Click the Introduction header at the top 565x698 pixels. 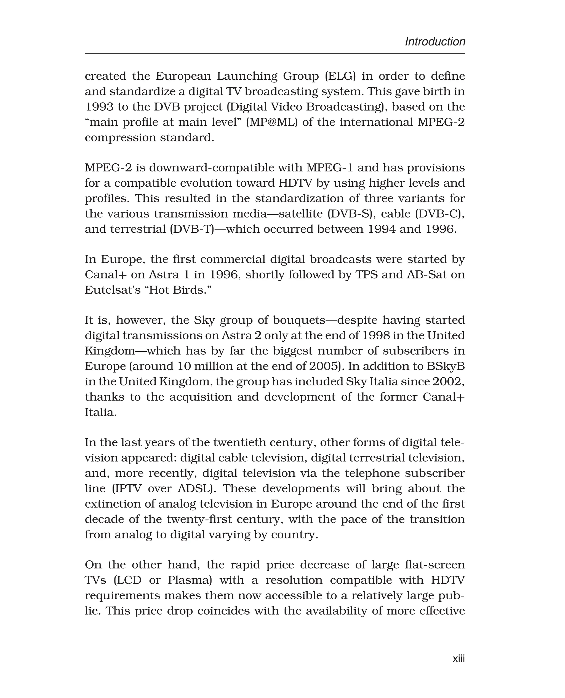pos(435,42)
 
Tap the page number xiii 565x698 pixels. pos(459,659)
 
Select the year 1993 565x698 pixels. pos(98,107)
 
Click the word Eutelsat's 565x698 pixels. pos(114,290)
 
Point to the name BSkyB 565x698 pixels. pos(446,366)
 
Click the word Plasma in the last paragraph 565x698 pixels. pos(190,580)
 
